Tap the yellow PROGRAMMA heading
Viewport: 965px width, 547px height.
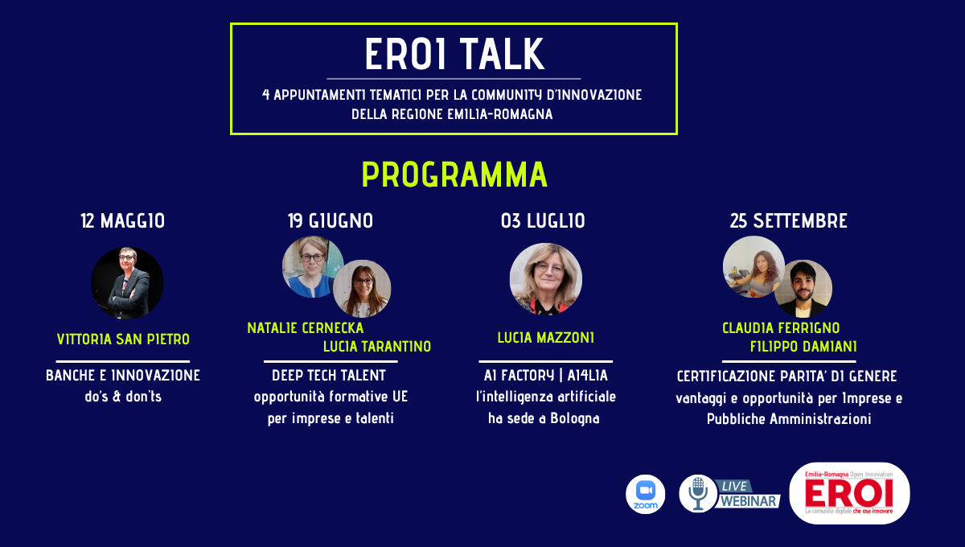point(454,175)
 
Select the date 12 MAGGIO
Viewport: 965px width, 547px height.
point(123,220)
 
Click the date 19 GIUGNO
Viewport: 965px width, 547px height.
point(331,220)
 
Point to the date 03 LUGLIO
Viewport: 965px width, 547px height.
point(543,220)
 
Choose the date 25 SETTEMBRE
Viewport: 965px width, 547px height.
point(788,220)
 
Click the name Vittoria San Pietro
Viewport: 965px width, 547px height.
point(123,339)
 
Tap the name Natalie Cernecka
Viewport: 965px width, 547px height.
point(306,328)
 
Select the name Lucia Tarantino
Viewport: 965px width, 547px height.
point(377,346)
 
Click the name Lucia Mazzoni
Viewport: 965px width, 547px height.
point(546,338)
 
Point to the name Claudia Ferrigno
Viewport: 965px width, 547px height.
point(781,328)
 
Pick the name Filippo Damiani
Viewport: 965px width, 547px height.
point(803,346)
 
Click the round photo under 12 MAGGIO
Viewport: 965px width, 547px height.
point(127,283)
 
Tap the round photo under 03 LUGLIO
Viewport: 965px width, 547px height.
point(546,279)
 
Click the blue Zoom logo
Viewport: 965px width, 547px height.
point(645,494)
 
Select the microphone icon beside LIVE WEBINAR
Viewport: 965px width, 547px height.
point(698,494)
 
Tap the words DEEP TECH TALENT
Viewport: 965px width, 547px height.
point(329,376)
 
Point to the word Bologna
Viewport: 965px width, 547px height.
point(575,418)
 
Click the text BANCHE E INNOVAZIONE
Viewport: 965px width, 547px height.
point(123,376)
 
